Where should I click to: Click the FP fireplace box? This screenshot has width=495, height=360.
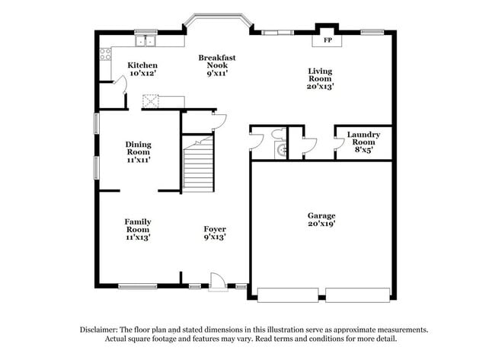328,40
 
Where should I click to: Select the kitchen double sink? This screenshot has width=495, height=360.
145,43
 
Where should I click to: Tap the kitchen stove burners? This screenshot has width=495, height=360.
106,53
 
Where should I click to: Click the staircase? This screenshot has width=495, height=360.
199,164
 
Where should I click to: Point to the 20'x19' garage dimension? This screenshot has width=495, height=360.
321,225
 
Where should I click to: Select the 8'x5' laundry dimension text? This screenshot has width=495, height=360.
363,151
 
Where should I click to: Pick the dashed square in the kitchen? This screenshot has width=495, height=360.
152,101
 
